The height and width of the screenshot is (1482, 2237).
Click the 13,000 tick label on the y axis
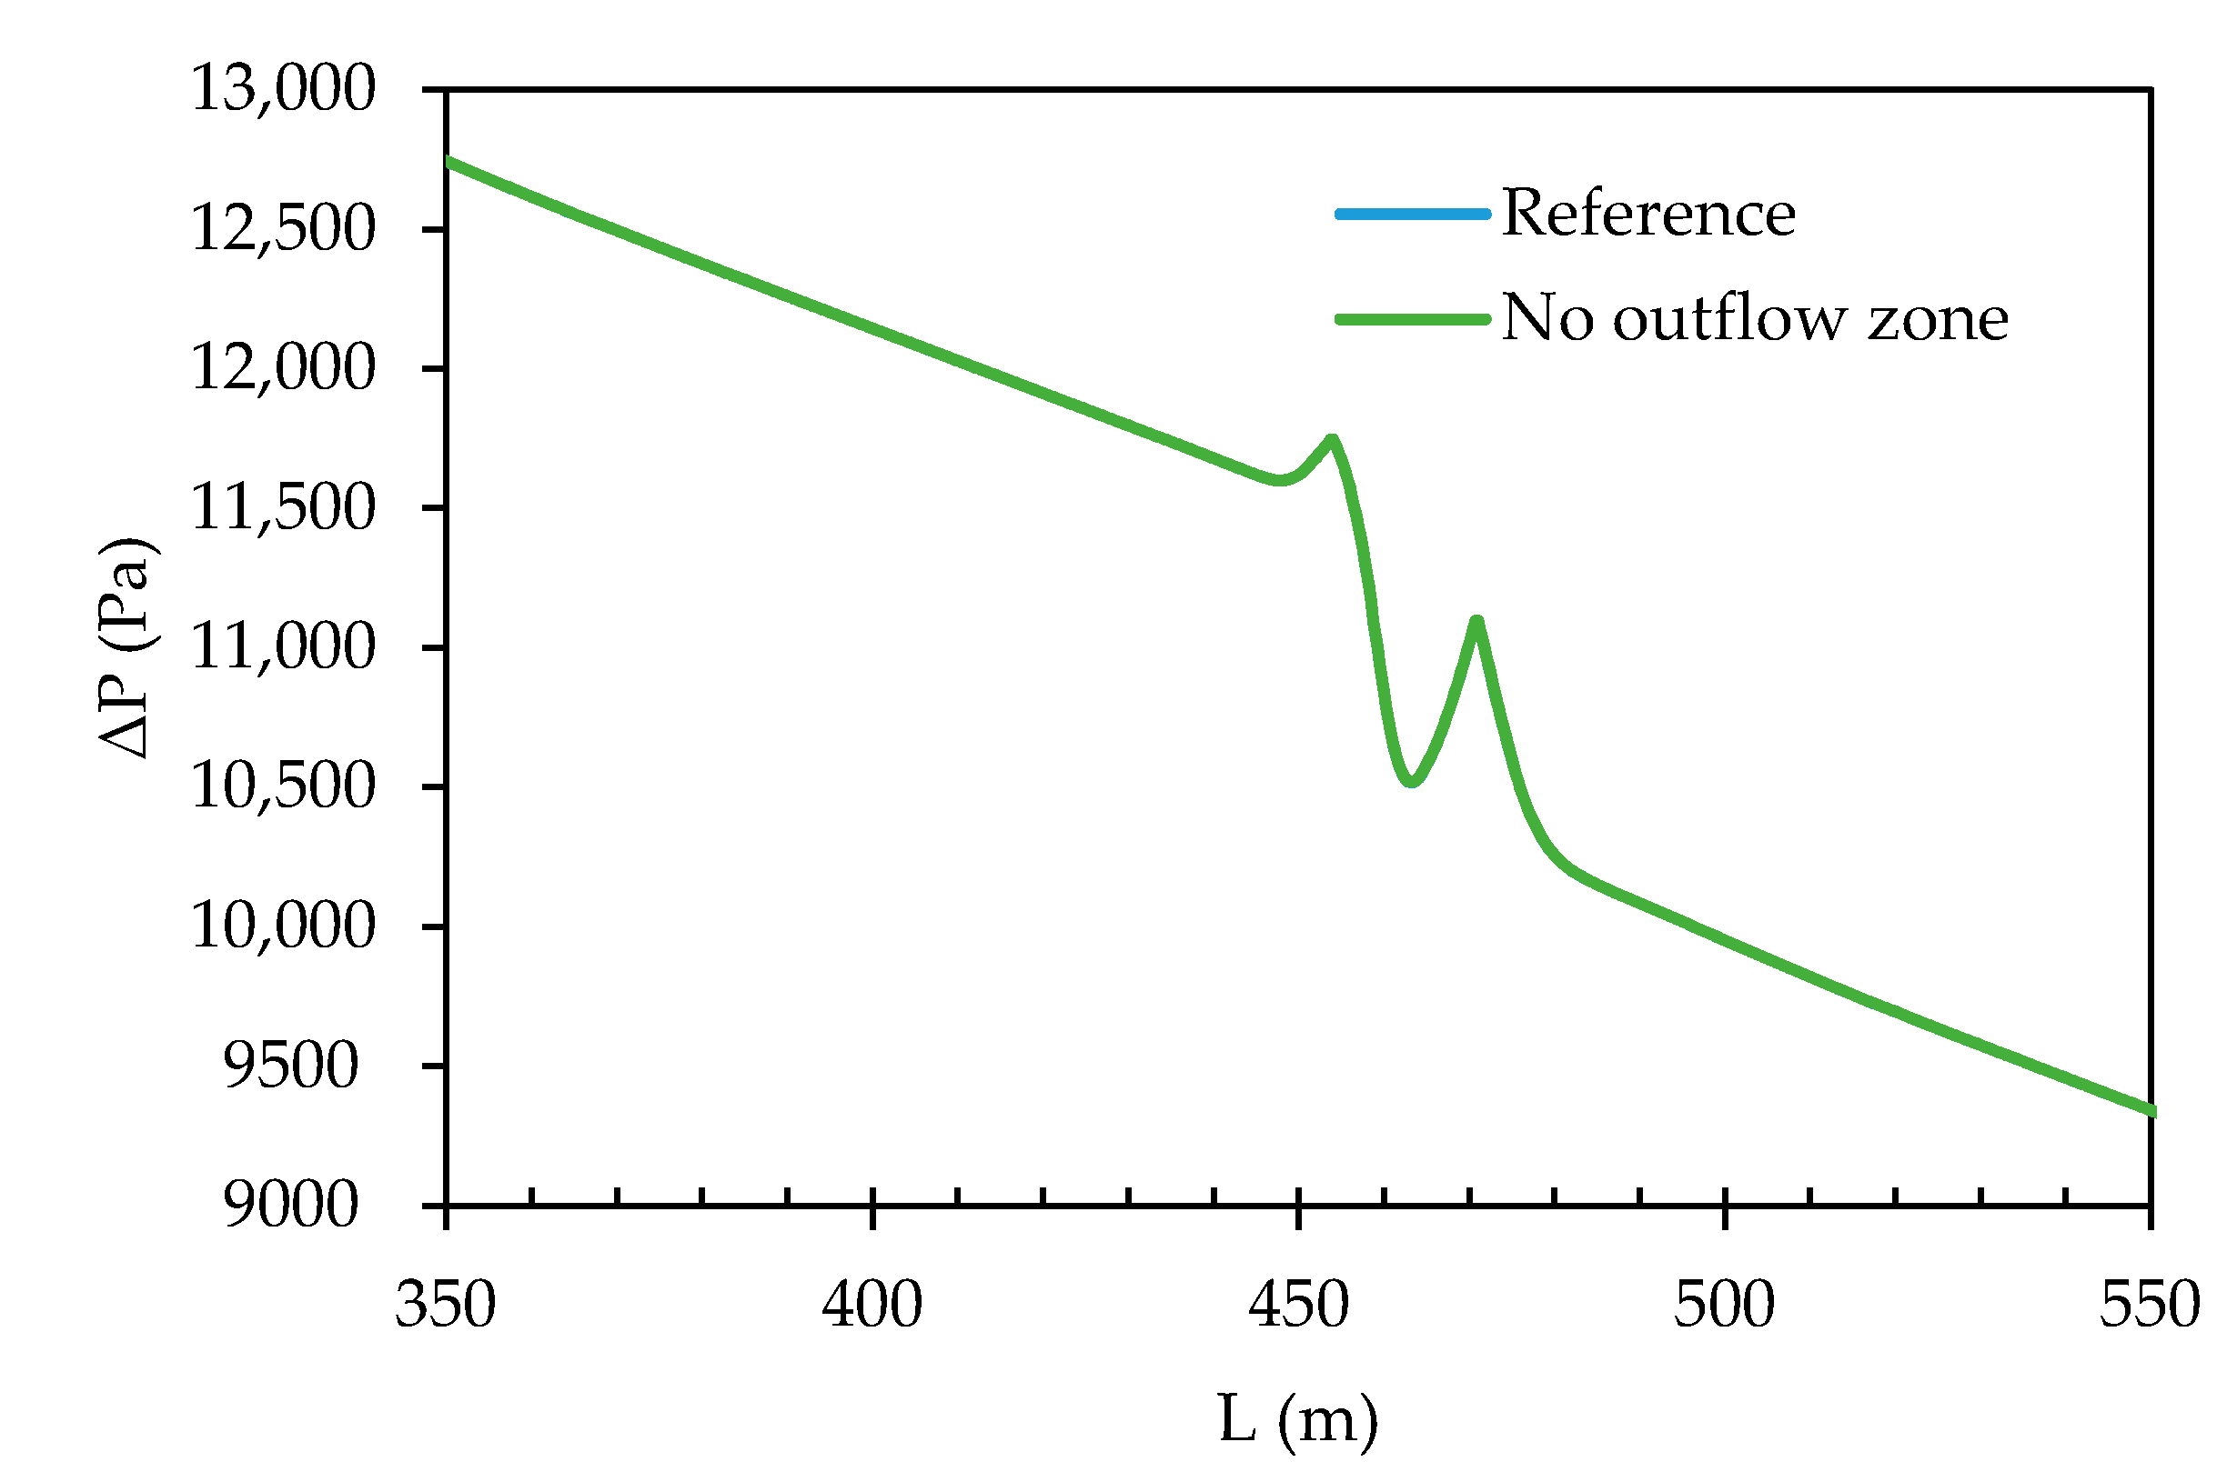click(283, 90)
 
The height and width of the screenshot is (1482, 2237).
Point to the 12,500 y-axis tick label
click(283, 229)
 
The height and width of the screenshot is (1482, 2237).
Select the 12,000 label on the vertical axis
click(283, 367)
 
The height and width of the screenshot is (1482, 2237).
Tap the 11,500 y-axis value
click(283, 507)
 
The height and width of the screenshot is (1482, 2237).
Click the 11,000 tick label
click(283, 647)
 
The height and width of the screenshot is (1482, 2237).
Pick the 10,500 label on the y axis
click(283, 786)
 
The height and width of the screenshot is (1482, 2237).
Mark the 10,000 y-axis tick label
click(283, 926)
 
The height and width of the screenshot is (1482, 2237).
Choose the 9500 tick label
click(291, 1066)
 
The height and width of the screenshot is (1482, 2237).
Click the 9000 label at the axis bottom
click(291, 1205)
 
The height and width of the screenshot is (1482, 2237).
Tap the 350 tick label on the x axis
click(446, 1307)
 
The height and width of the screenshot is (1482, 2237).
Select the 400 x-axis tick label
click(872, 1307)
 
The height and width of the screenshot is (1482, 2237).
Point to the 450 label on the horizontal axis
click(1298, 1307)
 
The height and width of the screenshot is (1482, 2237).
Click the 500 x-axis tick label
click(1725, 1307)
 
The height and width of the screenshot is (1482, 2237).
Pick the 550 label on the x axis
click(2150, 1307)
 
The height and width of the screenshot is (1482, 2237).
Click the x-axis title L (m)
click(1298, 1419)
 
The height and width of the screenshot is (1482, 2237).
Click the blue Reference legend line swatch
click(1412, 215)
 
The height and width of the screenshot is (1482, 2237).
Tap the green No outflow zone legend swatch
click(1412, 319)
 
